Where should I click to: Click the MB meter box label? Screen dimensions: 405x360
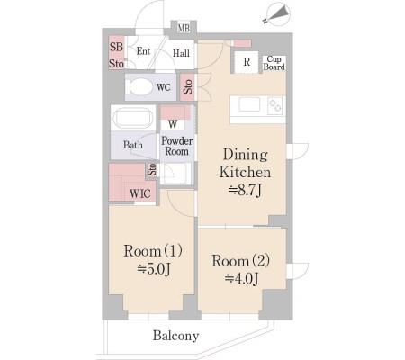184,28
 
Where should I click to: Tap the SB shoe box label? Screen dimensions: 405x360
116,47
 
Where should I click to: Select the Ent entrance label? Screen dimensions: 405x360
143,51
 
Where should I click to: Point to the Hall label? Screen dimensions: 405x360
181,53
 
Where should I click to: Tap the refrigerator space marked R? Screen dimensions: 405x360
247,62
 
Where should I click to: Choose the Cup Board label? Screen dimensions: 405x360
274,63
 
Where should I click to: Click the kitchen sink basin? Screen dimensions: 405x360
249,104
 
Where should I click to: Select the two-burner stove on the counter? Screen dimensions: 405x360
275,105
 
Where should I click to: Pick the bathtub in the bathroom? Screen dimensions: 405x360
133,118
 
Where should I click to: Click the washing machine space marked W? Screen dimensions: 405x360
173,124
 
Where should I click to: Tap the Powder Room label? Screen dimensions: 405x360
177,146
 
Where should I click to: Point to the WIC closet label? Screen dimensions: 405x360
140,193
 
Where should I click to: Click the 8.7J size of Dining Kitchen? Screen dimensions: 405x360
246,190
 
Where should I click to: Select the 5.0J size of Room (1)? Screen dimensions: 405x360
154,269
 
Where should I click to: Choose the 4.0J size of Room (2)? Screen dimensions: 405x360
241,279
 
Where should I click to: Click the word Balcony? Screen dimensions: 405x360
175,336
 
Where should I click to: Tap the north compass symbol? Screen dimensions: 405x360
276,14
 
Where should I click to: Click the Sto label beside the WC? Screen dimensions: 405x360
187,86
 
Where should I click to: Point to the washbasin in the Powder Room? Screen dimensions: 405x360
175,174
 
